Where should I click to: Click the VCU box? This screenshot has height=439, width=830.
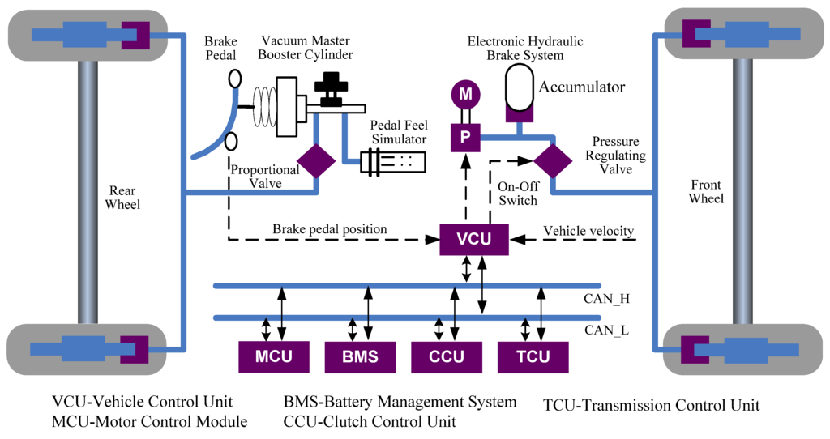[x=474, y=238]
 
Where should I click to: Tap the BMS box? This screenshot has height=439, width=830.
[x=358, y=356]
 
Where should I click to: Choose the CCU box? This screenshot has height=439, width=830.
[x=446, y=356]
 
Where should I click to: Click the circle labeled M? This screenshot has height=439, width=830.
[x=465, y=95]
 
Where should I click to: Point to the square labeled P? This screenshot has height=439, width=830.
[x=465, y=136]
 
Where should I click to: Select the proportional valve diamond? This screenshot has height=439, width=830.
[x=315, y=160]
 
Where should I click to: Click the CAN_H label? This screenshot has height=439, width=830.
[x=607, y=298]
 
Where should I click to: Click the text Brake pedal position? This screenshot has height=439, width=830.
[x=329, y=230]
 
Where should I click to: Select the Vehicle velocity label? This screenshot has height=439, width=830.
[x=588, y=232]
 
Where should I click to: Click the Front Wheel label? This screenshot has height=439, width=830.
[x=707, y=190]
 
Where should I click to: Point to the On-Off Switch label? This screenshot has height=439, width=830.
[x=517, y=193]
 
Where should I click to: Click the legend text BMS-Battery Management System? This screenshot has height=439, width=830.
[x=400, y=402]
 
